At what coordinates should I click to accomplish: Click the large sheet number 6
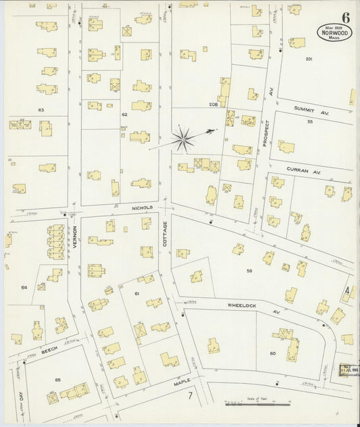tap(345, 18)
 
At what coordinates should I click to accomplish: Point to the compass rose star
tap(182, 140)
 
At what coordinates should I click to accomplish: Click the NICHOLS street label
tap(143, 207)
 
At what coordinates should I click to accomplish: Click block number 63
tap(41, 109)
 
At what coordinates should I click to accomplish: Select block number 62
tap(124, 114)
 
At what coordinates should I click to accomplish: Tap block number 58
tap(249, 271)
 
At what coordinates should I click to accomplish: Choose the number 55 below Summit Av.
tap(309, 122)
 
